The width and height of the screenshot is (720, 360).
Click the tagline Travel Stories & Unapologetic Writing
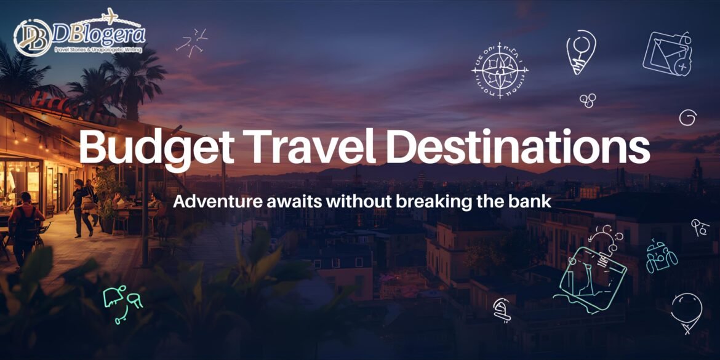98,49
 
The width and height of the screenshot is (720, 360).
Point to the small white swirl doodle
687,118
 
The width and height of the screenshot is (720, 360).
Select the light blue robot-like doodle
660,256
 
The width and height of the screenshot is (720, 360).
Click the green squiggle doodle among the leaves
122,302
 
